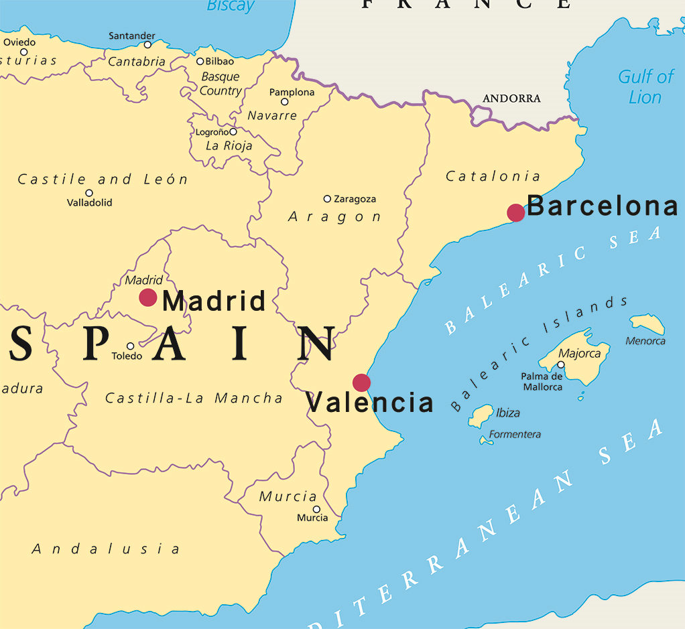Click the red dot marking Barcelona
point(515,212)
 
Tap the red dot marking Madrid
point(148,297)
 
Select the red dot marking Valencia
point(361,382)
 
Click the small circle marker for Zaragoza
point(327,199)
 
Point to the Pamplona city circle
point(284,102)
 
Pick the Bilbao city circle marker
point(200,62)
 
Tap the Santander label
point(132,36)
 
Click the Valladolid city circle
point(88,193)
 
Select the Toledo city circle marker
point(131,346)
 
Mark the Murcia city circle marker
point(316,509)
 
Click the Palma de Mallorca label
point(542,381)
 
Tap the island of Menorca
point(647,324)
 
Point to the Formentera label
point(515,434)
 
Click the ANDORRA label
point(511,98)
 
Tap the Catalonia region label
point(493,176)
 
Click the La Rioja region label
point(229,145)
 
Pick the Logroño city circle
point(233,132)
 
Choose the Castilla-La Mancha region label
point(194,398)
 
